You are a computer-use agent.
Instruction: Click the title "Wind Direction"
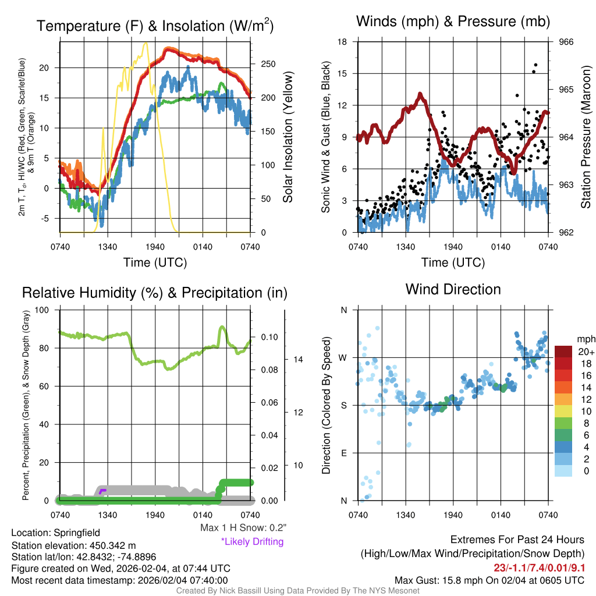pos(453,289)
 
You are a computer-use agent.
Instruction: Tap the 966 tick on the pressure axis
pos(566,42)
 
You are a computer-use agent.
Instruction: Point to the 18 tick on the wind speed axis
pos(343,42)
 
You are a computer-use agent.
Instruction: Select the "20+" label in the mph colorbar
pos(584,352)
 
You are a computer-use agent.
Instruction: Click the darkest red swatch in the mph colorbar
pos(565,352)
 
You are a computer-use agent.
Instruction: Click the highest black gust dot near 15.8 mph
pos(535,65)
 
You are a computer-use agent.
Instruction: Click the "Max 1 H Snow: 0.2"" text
pos(243,528)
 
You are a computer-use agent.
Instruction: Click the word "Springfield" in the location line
pos(77,533)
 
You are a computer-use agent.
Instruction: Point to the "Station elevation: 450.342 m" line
pos(73,545)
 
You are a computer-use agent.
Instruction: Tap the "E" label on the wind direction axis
pos(343,453)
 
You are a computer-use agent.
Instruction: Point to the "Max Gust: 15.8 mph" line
pos(489,580)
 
